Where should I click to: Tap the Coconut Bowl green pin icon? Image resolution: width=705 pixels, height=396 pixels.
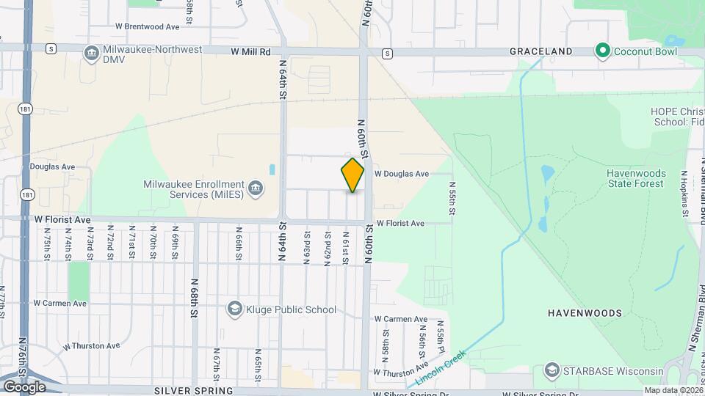tap(603, 51)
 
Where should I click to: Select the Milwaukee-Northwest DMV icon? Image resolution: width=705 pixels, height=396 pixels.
tap(92, 54)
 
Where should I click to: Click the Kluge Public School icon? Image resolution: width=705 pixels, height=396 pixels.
tap(234, 309)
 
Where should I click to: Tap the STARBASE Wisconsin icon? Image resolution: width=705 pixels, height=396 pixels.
tap(552, 371)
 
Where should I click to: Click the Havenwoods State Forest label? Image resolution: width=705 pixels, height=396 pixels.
tap(636, 178)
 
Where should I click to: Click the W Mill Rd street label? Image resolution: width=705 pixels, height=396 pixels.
tap(250, 52)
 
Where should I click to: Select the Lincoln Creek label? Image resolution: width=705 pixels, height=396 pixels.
tap(441, 367)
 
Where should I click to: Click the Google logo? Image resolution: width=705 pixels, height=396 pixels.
tap(24, 386)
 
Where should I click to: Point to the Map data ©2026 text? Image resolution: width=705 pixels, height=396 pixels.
tap(672, 390)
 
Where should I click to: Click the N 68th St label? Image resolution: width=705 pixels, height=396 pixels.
tap(195, 298)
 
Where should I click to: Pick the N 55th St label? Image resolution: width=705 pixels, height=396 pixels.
tap(452, 198)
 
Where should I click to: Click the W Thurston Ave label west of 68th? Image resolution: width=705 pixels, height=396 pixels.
tap(92, 345)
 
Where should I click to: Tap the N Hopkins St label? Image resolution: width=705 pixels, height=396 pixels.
tap(683, 192)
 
